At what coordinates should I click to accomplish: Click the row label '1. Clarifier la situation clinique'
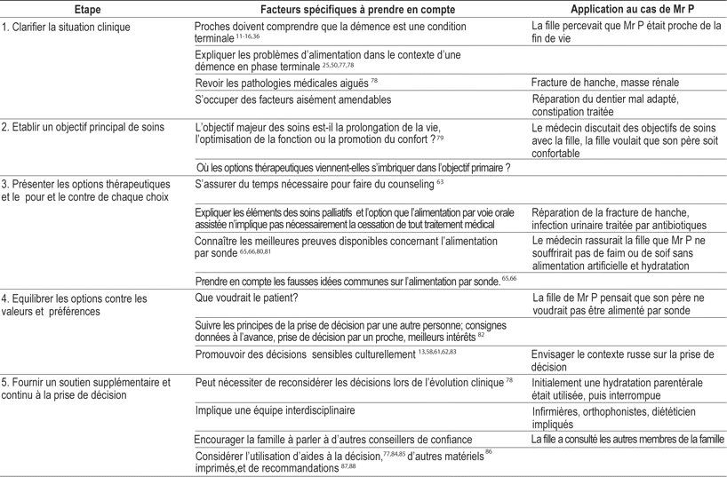[67, 27]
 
